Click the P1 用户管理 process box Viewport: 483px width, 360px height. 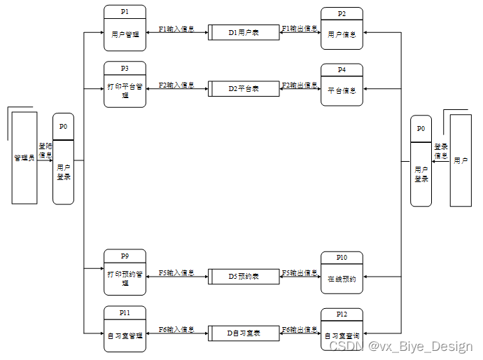coord(125,29)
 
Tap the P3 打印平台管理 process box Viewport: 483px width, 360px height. coord(125,85)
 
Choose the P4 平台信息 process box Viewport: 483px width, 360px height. coord(342,85)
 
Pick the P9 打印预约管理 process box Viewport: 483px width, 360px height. coord(125,272)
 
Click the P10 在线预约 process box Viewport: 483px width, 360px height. coord(342,273)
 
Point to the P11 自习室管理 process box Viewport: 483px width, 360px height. coord(125,329)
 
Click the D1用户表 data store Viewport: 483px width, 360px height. coord(244,32)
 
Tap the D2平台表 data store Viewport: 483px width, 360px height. coord(244,89)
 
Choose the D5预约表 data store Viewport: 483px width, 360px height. coord(244,277)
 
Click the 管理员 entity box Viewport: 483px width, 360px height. coord(24,158)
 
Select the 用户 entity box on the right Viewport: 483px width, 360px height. coord(461,160)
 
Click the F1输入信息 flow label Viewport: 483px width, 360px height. coord(176,29)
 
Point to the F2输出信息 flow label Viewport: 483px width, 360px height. coord(300,85)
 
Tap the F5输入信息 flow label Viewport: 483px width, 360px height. coord(176,273)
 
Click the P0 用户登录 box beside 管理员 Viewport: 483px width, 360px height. coord(64,159)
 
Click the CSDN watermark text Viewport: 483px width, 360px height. coord(401,346)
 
